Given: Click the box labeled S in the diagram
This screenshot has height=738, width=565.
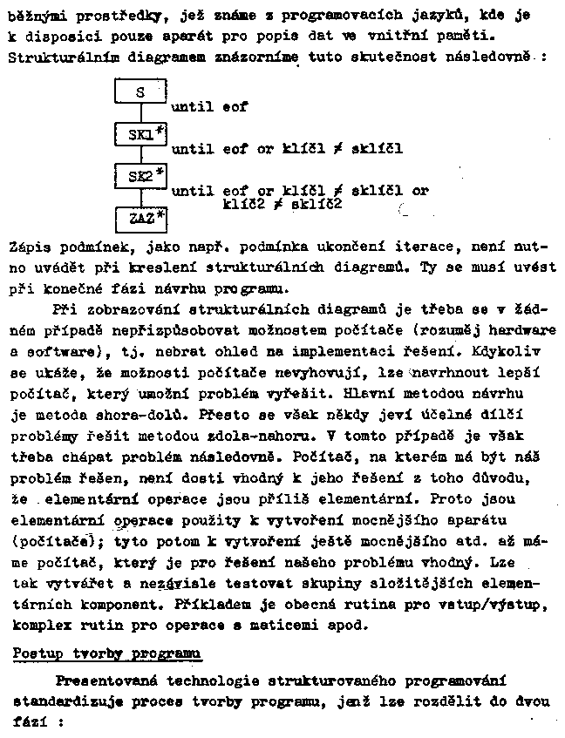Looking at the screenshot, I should tap(140, 91).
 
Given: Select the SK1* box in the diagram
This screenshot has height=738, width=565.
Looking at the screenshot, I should tap(140, 134).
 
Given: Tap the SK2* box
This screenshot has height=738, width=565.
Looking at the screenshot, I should tap(140, 176).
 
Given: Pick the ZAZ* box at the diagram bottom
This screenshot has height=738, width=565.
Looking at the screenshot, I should tap(140, 216).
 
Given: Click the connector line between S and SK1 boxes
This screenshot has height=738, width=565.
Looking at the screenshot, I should tap(140, 113).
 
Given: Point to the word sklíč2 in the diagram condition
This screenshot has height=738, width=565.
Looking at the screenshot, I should tap(317, 204).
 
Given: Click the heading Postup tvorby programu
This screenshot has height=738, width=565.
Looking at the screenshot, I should tap(108, 653).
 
